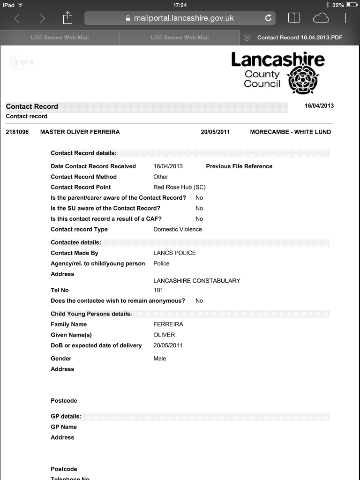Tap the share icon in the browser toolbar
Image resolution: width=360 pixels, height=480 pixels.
point(68,18)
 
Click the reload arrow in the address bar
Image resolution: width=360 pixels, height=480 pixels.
point(268,18)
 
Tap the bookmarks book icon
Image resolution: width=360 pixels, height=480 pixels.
point(294,18)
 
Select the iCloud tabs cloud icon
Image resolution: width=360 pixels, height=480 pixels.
point(321,18)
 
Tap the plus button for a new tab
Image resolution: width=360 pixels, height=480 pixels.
point(345,18)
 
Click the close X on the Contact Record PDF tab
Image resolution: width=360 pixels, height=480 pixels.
point(247,37)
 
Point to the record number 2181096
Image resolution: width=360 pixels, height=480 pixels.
point(17,132)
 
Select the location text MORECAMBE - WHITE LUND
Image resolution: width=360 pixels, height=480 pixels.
point(291,132)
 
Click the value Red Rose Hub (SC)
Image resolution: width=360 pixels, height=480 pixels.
point(179,187)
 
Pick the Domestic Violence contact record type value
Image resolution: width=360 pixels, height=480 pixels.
point(178,230)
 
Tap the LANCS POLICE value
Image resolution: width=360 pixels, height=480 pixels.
point(174,253)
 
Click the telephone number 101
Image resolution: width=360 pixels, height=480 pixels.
point(158,290)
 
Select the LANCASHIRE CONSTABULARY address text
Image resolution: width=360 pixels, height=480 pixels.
point(196,281)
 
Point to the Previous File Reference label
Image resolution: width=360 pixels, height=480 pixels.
point(239,166)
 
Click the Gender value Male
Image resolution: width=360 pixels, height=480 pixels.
point(159,359)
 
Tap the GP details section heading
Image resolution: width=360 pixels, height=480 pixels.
point(66,416)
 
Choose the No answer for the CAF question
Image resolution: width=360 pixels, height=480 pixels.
point(199,219)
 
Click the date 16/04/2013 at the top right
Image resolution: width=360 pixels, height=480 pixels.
point(319,106)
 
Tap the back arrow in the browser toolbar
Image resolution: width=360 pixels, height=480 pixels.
point(17,18)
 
